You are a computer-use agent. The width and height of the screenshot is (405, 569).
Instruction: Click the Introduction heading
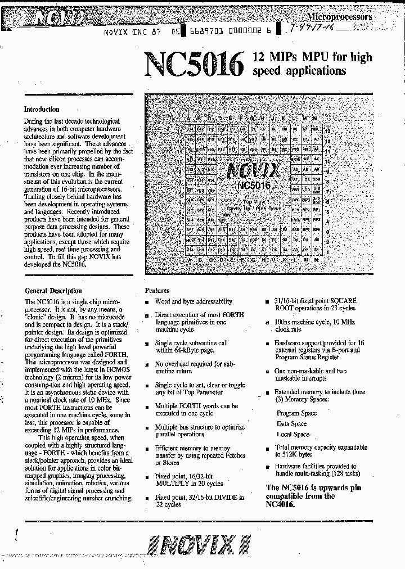(42, 110)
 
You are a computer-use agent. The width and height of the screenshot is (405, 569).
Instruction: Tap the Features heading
(157, 291)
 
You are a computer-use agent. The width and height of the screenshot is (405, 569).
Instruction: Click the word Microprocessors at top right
(339, 17)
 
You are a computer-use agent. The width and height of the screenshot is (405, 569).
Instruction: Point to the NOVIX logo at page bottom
(200, 545)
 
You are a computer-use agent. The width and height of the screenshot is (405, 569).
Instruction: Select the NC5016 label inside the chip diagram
(254, 185)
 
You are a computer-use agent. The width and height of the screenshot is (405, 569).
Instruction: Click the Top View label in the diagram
(254, 201)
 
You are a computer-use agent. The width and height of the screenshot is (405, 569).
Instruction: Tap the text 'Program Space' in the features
(296, 413)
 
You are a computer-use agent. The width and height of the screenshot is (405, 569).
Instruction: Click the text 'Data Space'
(291, 424)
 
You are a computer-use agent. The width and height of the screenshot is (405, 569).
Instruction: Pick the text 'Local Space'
(292, 434)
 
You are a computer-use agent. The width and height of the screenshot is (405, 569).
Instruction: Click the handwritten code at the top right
(316, 31)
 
